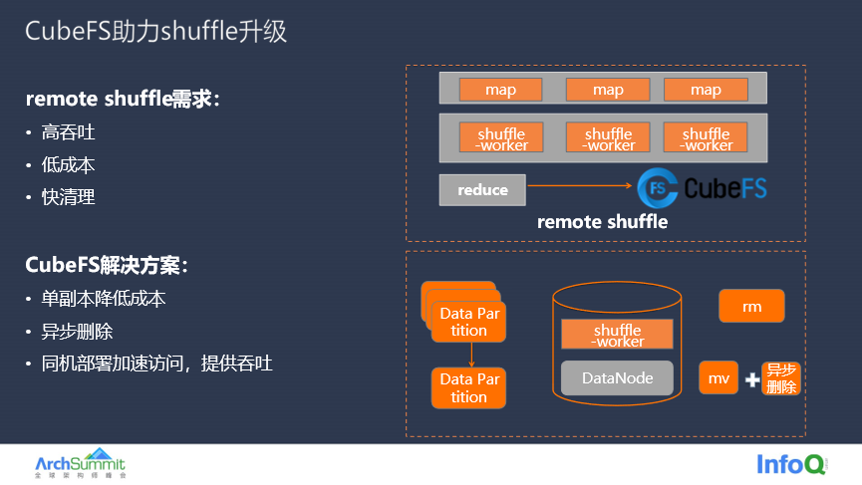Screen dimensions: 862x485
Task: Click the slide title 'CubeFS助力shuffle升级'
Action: pos(155,31)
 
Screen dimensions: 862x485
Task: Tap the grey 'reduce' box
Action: pos(482,190)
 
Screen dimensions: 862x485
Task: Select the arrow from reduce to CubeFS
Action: pos(579,185)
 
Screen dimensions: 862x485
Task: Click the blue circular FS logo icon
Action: pos(658,188)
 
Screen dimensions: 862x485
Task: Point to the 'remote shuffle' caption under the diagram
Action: pos(602,222)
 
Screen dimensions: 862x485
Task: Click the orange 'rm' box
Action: pos(751,306)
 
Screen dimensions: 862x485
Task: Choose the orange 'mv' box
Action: pos(718,377)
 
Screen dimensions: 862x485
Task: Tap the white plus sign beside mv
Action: pos(752,379)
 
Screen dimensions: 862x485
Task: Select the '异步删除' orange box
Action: pos(781,378)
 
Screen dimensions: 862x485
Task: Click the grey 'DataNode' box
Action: pos(617,377)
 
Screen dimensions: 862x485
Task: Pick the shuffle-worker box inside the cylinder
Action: pos(617,334)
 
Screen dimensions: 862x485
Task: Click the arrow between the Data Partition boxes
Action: pos(471,355)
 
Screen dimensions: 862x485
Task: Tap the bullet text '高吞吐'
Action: pos(68,132)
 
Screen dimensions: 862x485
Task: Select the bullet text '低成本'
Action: pos(68,164)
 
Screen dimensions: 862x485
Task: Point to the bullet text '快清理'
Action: pos(68,197)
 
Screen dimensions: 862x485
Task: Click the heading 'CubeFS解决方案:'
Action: pos(107,265)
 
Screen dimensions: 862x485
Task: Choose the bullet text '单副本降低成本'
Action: pos(104,299)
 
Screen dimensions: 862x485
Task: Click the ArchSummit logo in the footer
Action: pos(81,463)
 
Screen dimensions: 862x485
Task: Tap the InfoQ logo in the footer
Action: pos(791,464)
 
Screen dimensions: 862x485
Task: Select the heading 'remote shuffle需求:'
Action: pos(123,99)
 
